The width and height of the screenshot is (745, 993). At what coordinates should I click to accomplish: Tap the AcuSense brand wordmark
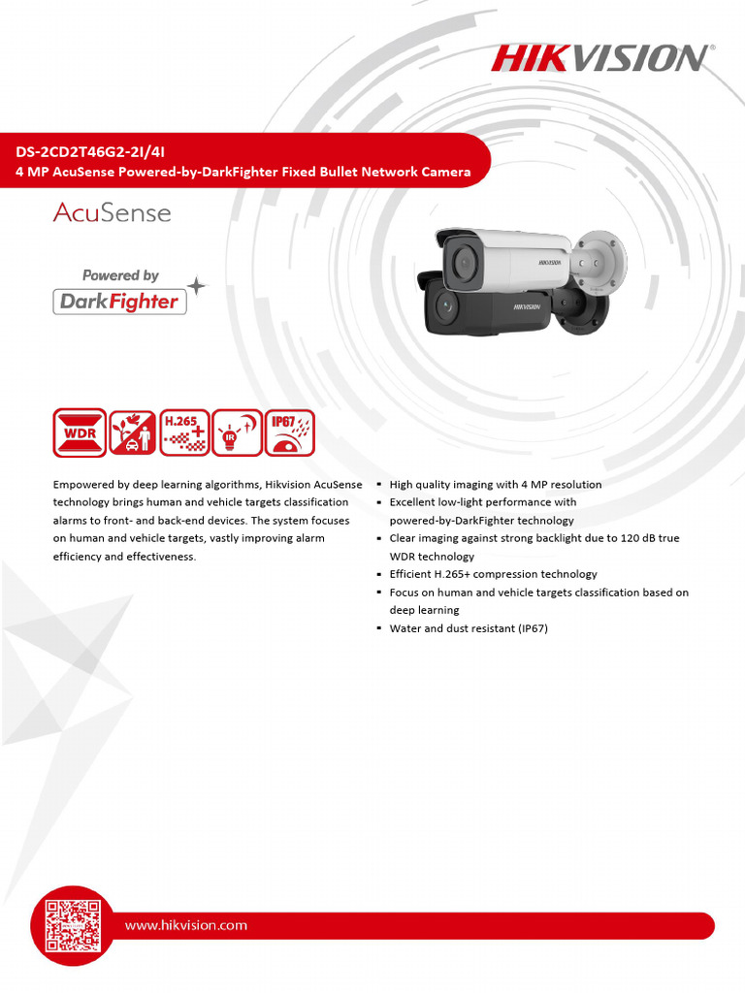(x=112, y=212)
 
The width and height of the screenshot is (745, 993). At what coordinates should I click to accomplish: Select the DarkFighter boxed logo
(x=119, y=302)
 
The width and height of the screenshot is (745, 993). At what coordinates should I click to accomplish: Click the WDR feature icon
(x=80, y=432)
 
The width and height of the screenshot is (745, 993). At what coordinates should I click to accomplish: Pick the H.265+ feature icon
(x=184, y=432)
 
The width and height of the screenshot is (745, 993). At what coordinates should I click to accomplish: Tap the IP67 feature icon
(x=289, y=432)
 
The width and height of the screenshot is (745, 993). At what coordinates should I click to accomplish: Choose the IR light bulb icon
(x=237, y=432)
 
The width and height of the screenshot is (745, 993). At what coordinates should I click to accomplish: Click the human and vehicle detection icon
(x=132, y=432)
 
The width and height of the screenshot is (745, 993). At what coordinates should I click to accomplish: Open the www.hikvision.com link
(x=186, y=925)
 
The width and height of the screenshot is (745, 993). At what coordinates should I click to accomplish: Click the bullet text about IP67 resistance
(x=469, y=628)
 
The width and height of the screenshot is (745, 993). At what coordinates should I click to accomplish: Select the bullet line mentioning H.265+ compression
(x=493, y=574)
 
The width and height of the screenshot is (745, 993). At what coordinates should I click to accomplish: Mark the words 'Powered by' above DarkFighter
(x=120, y=275)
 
